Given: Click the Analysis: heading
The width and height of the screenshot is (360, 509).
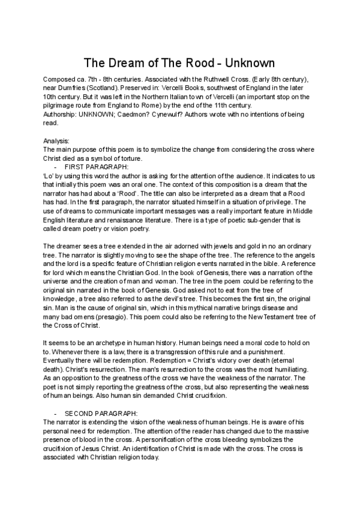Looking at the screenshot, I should tap(57, 140).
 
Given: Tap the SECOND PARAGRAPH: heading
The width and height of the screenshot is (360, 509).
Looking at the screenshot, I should tap(101, 414).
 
